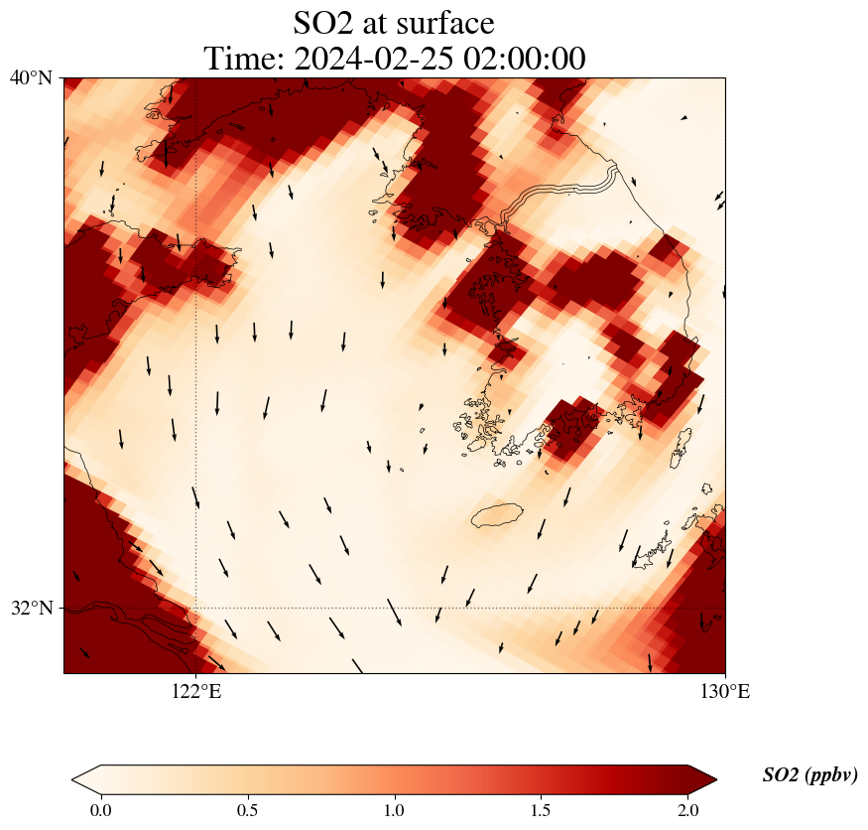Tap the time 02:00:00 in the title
pos(521,59)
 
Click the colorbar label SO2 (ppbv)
pos(809,775)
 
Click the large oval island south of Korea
pos(497,515)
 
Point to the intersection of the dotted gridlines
pos(196,608)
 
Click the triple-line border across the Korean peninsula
pos(565,189)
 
